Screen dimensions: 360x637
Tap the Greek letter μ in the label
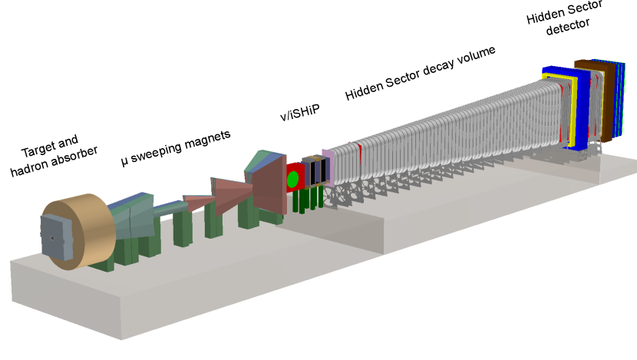124,162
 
